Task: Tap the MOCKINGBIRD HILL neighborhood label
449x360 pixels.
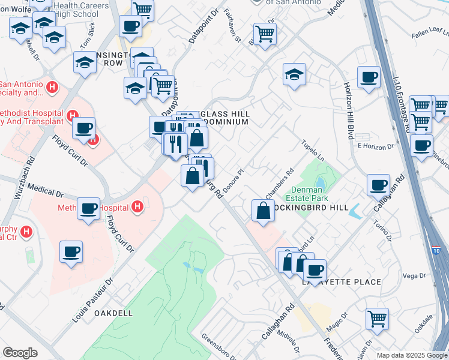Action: (310, 207)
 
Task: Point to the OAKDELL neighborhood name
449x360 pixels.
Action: (112, 313)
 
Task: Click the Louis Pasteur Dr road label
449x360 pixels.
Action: (92, 300)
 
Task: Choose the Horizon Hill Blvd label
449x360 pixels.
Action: (349, 121)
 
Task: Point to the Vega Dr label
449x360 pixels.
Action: (410, 275)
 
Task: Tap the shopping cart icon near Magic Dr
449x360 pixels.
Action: (377, 319)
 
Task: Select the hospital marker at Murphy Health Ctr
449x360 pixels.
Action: (26, 231)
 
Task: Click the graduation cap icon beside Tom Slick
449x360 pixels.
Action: (85, 62)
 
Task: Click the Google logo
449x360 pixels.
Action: (20, 353)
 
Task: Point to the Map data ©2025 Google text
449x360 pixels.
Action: (411, 355)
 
